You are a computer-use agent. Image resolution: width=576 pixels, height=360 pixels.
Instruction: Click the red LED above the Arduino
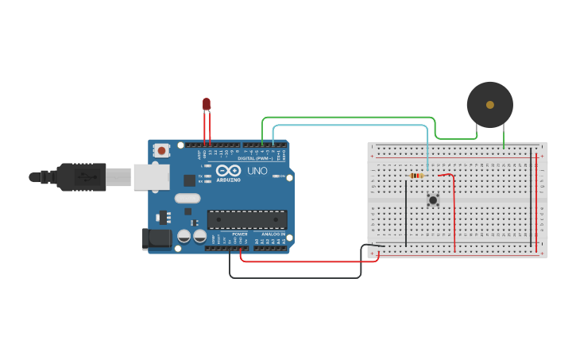207,103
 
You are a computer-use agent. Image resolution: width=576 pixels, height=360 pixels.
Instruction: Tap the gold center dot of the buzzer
489,105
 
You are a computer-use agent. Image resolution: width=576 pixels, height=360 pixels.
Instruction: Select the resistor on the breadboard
416,176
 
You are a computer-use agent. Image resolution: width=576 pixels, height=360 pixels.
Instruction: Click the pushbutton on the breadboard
433,200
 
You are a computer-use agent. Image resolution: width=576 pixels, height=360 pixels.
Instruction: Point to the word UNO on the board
257,171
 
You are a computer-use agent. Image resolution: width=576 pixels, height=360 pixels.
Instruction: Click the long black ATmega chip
247,219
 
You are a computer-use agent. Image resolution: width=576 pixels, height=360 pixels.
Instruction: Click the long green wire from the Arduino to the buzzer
350,118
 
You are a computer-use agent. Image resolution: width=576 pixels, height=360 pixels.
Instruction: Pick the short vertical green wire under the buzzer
504,137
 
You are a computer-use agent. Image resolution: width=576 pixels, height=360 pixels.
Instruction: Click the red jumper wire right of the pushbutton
454,215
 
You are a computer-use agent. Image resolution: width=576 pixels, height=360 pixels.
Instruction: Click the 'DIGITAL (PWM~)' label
255,158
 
